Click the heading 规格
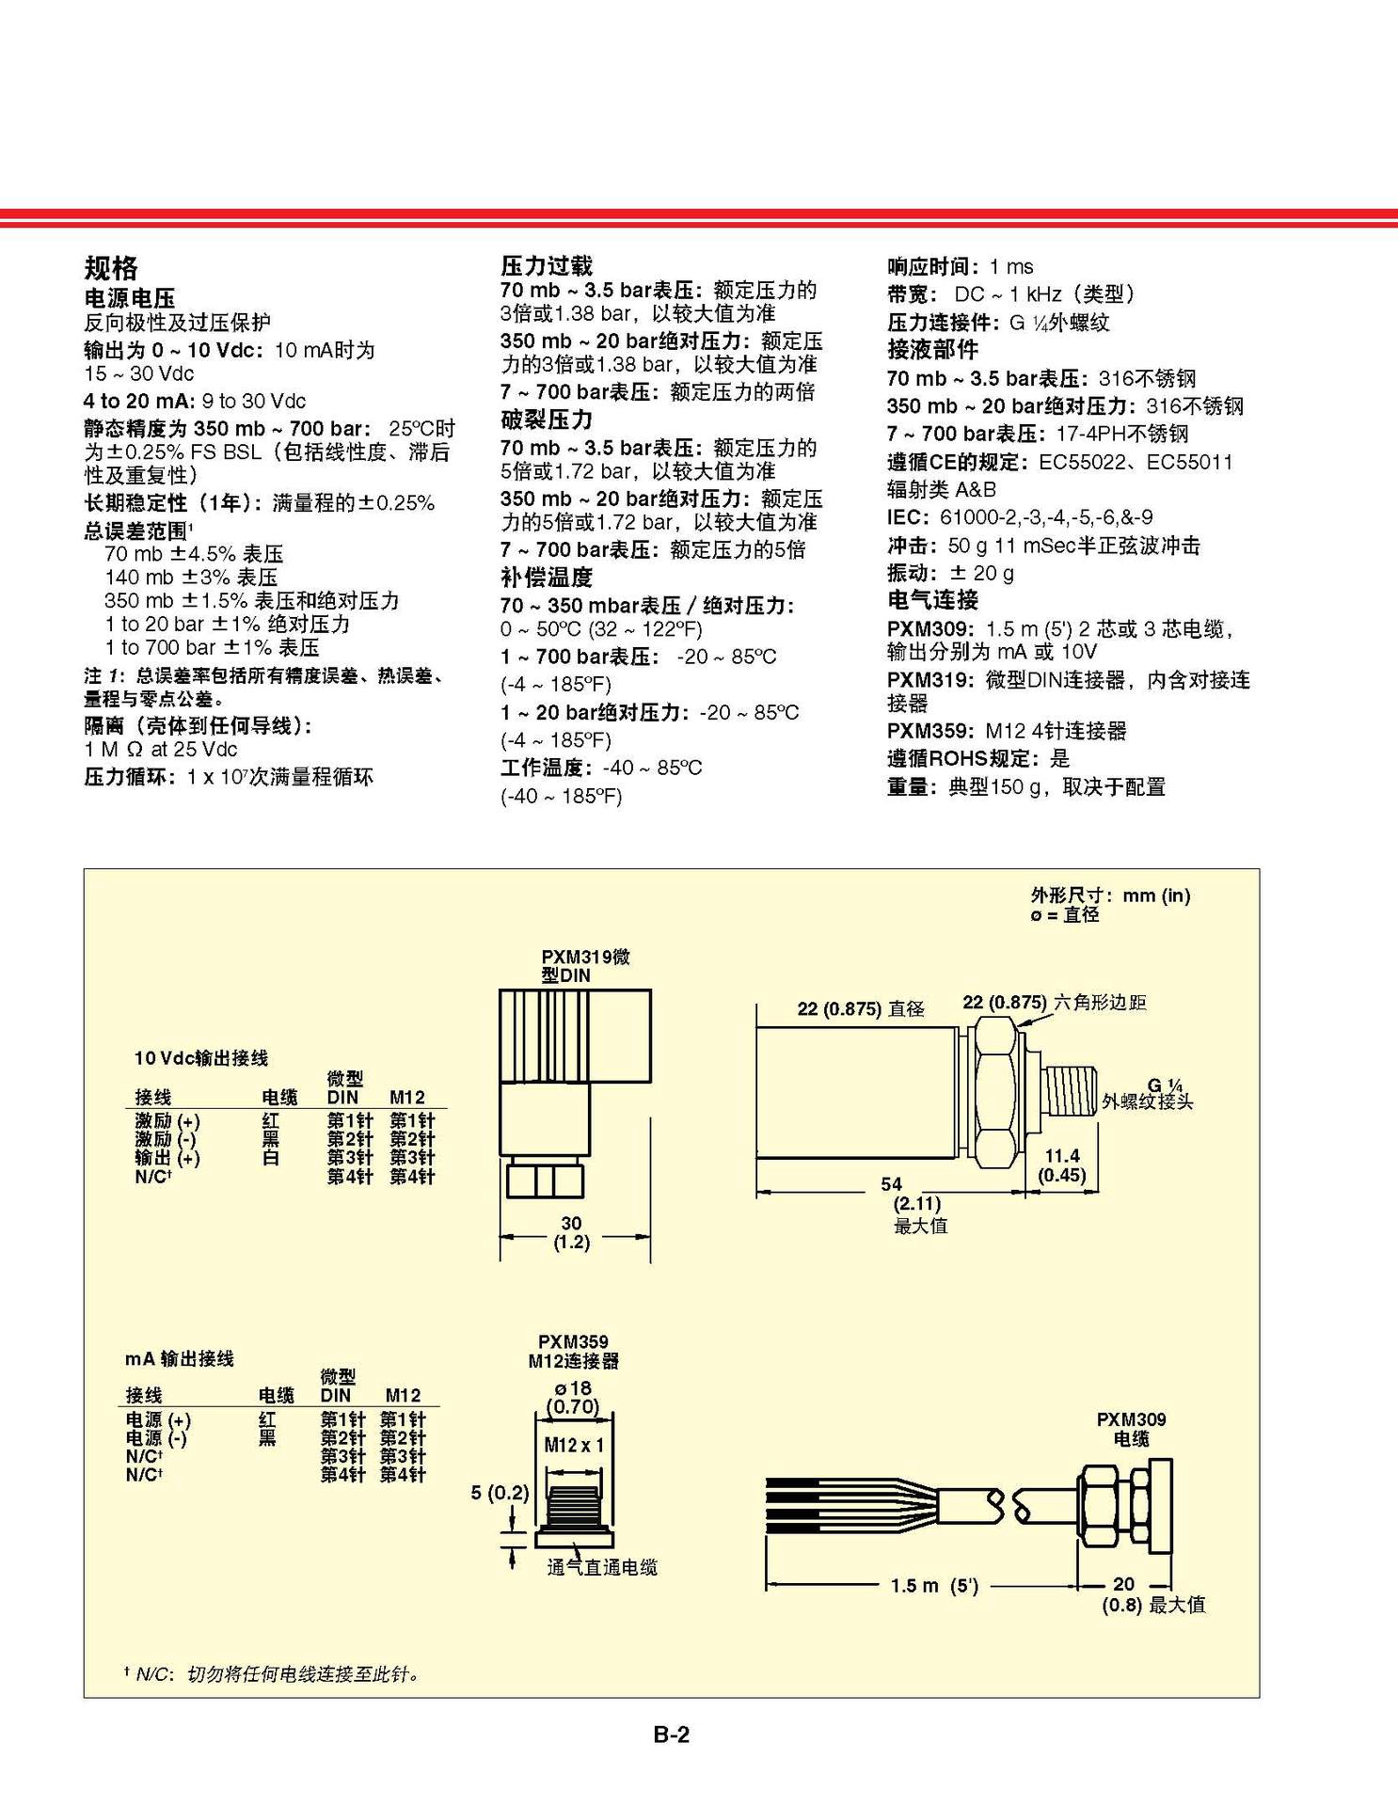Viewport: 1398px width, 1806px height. click(110, 268)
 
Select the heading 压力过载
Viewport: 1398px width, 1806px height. click(546, 265)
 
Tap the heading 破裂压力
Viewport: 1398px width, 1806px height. click(546, 420)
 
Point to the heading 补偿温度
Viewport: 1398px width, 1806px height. click(546, 577)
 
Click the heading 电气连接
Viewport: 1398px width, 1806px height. click(931, 600)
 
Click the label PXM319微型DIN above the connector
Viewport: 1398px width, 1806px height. click(584, 966)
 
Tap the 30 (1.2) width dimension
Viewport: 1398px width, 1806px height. click(571, 1232)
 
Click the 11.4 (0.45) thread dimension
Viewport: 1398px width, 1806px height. click(1061, 1165)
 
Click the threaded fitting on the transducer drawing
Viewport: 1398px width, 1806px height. click(1072, 1090)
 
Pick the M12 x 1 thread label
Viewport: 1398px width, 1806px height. click(574, 1445)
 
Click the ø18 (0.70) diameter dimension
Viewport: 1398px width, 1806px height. click(573, 1398)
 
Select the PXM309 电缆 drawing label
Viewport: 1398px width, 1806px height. click(1131, 1429)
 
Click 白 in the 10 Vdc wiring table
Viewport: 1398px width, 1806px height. click(271, 1158)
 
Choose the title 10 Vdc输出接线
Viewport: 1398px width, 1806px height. click(200, 1058)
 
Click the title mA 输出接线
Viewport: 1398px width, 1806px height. click(179, 1358)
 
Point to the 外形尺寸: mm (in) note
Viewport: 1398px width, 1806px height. click(1110, 895)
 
